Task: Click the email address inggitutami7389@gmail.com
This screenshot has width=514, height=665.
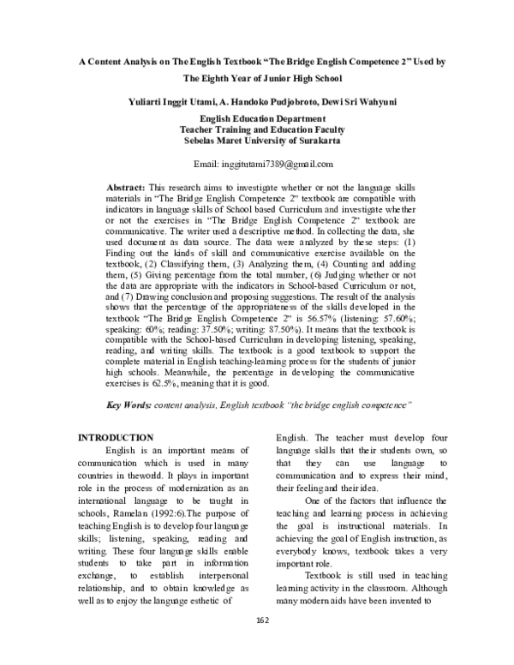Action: click(x=263, y=164)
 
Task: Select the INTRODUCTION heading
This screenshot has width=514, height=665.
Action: click(x=116, y=438)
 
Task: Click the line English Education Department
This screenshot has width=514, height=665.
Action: click(x=263, y=119)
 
